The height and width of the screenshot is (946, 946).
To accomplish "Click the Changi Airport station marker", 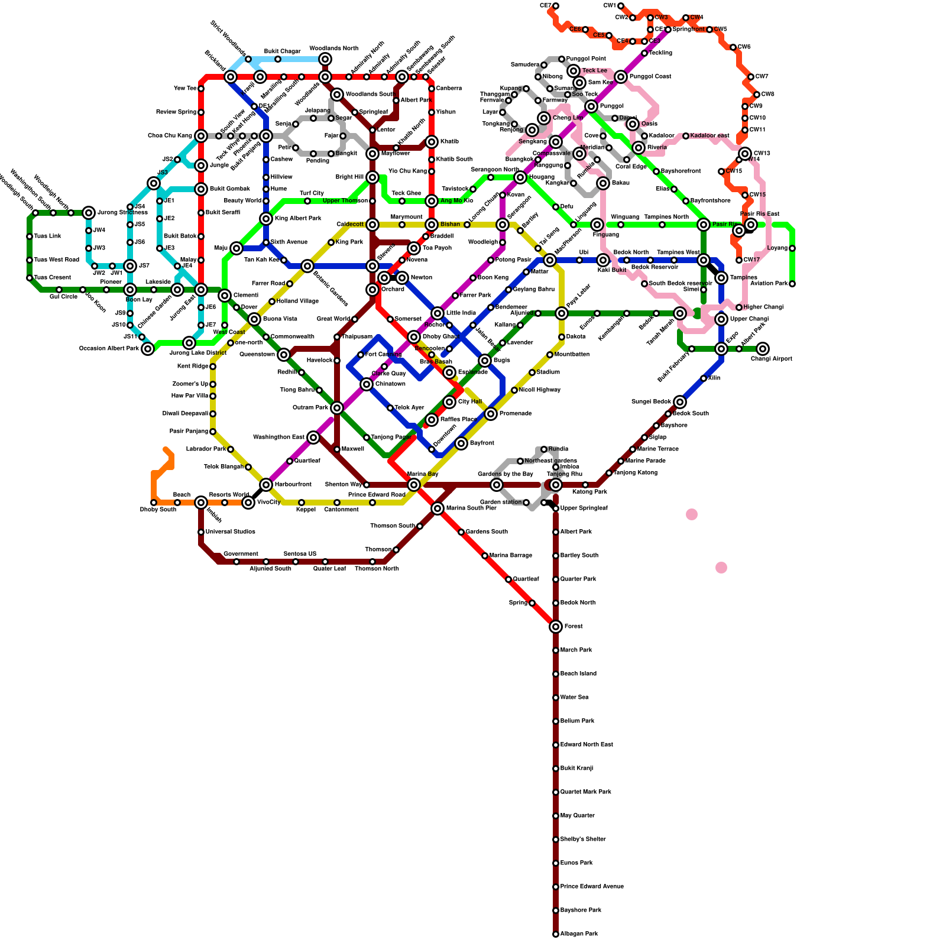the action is click(x=763, y=349).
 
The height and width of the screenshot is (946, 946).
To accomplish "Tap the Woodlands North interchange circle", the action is click(x=325, y=59).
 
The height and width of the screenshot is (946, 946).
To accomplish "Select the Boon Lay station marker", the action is click(x=130, y=290).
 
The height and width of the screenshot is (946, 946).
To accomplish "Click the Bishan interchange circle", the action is click(x=432, y=225).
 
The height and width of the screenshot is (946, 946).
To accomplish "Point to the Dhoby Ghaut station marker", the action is click(x=414, y=337).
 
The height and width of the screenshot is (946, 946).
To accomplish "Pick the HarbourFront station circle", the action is click(x=266, y=485).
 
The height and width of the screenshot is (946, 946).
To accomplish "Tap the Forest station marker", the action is click(x=556, y=627).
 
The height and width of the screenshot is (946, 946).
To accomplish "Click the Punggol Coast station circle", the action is click(x=621, y=77).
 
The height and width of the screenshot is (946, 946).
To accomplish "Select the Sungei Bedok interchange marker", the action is click(x=680, y=402).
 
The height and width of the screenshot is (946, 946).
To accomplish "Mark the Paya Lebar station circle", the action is click(x=562, y=313).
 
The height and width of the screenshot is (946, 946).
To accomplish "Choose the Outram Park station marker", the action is click(x=337, y=408).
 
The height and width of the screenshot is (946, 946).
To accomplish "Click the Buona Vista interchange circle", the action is click(x=254, y=319).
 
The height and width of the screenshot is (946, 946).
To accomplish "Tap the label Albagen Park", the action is click(x=579, y=934).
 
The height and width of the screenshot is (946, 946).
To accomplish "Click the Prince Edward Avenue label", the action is click(x=592, y=887).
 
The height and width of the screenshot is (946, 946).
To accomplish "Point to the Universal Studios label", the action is click(x=231, y=532).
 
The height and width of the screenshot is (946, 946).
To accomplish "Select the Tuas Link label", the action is click(x=47, y=237).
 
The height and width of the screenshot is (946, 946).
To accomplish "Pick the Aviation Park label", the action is click(x=769, y=284).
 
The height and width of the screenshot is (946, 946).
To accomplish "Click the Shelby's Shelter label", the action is click(x=583, y=840).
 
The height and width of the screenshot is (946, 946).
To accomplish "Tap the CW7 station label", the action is click(x=762, y=77).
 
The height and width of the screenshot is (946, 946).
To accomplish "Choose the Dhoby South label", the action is click(x=158, y=510).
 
